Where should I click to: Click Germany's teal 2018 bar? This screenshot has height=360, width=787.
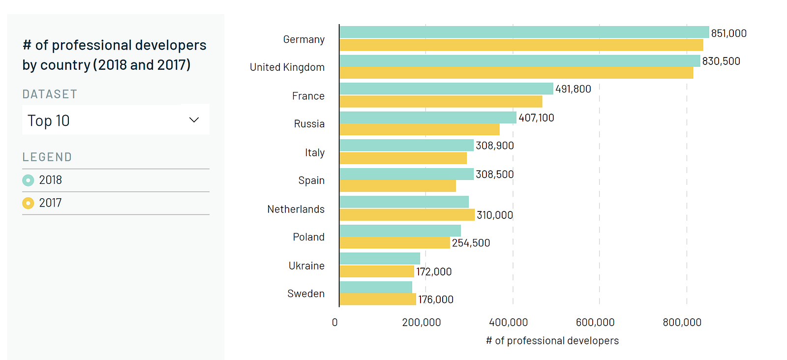(x=524, y=32)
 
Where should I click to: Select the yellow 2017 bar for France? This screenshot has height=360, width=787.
(x=441, y=102)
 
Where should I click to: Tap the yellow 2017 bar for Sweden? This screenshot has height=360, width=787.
(x=378, y=299)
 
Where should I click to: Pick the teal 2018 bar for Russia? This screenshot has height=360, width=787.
(x=428, y=118)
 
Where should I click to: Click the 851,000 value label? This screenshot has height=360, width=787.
(x=728, y=33)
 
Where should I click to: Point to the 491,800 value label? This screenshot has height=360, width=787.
(x=573, y=89)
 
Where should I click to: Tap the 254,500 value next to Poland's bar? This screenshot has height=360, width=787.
(x=471, y=243)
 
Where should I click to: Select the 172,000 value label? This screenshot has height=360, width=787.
(x=434, y=271)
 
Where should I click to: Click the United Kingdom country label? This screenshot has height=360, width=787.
(x=287, y=67)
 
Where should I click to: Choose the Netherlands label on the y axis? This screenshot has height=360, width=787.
(x=296, y=210)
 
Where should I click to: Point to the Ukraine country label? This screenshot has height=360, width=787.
(x=306, y=266)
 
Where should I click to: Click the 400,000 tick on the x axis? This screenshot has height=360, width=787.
(x=508, y=323)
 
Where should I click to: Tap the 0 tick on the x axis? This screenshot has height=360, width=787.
(x=335, y=323)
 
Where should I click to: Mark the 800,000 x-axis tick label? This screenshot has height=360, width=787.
(x=682, y=323)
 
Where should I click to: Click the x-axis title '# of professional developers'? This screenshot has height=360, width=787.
(x=552, y=341)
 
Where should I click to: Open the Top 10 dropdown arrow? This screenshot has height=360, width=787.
(x=194, y=120)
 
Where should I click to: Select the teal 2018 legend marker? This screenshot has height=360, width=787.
(x=28, y=180)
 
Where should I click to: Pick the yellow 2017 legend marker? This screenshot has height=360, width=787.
(x=28, y=203)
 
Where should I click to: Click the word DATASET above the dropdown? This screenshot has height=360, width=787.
(x=50, y=94)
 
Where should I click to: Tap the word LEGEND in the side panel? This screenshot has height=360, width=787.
(x=47, y=157)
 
